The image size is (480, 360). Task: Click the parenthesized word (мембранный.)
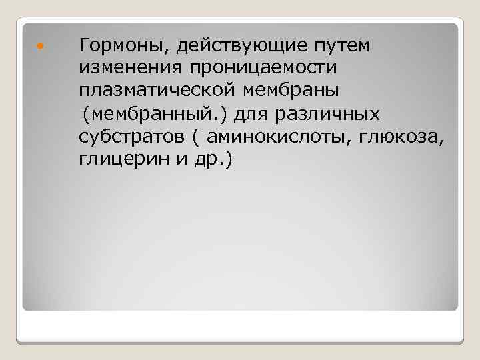click(x=155, y=115)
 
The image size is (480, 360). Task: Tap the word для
click(x=251, y=115)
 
